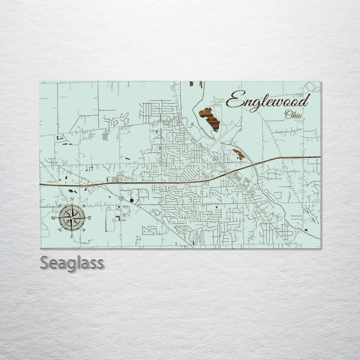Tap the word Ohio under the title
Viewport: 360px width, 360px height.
(x=294, y=115)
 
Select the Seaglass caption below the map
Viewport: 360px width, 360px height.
(x=72, y=263)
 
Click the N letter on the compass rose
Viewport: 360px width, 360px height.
(x=72, y=200)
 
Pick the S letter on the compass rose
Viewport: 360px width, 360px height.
(x=71, y=236)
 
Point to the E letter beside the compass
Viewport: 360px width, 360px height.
(x=90, y=218)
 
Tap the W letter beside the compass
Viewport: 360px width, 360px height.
(x=53, y=218)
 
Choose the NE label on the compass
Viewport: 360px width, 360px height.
(x=84, y=206)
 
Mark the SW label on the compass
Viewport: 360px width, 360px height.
(x=60, y=229)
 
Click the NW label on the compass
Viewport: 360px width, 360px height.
(x=60, y=207)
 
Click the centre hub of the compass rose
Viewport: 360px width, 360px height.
(x=72, y=218)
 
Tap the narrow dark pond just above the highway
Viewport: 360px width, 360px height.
(x=239, y=154)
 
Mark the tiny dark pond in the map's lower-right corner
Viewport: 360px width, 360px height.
(x=306, y=230)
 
